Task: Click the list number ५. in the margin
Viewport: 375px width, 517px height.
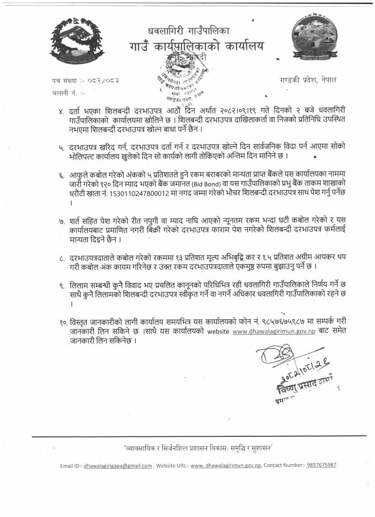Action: pyautogui.click(x=61, y=147)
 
